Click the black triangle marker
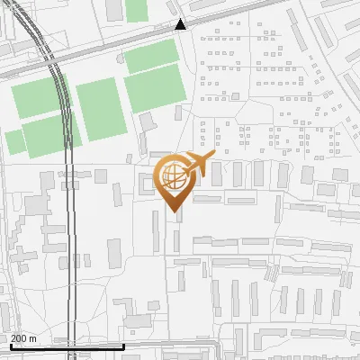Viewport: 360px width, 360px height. click(x=181, y=25)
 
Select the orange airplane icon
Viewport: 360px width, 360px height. click(x=199, y=165)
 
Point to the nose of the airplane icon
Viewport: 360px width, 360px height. click(x=213, y=158)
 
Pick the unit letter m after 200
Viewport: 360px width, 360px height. click(x=33, y=338)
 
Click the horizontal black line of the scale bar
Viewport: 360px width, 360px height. click(x=67, y=346)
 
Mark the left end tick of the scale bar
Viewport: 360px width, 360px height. click(x=11, y=344)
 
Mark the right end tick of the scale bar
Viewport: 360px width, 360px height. click(x=124, y=344)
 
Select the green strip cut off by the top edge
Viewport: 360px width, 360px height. click(x=136, y=9)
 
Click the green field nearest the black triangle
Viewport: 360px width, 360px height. click(x=154, y=58)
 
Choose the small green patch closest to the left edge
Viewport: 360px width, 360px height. click(x=14, y=141)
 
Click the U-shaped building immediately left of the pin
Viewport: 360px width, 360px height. click(x=147, y=184)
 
